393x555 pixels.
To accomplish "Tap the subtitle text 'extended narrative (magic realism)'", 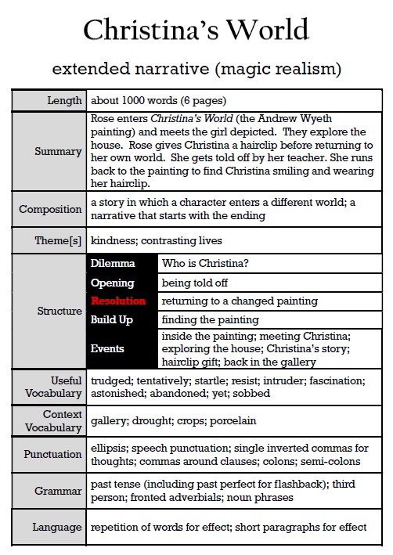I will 196,69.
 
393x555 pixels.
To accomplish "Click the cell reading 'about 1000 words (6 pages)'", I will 159,100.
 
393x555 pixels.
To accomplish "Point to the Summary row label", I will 59,152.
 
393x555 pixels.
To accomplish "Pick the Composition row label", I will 51,209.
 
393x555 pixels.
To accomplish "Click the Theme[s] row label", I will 56,240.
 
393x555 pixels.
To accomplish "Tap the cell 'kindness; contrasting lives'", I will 157,240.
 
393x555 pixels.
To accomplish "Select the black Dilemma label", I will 113,264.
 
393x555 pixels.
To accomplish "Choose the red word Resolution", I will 118,301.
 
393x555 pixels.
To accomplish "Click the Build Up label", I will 112,319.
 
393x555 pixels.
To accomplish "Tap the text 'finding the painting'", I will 210,319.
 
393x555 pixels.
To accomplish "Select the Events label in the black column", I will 107,348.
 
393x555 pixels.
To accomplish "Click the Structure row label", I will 59,311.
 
